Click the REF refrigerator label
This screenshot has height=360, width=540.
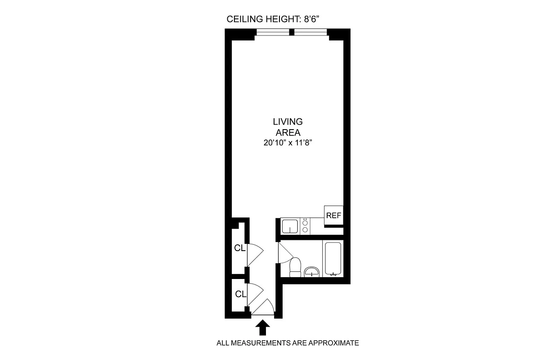333,216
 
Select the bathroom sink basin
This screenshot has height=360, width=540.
311,271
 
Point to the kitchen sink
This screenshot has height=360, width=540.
290,226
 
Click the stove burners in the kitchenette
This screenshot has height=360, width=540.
306,226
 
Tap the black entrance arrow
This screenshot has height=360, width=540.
262,328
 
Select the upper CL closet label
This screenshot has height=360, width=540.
239,247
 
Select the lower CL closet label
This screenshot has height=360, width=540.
241,294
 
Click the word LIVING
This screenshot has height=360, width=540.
288,121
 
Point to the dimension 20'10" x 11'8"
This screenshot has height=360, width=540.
288,143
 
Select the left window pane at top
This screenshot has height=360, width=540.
273,32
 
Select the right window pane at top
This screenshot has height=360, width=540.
311,32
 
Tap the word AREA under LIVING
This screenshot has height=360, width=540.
288,132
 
